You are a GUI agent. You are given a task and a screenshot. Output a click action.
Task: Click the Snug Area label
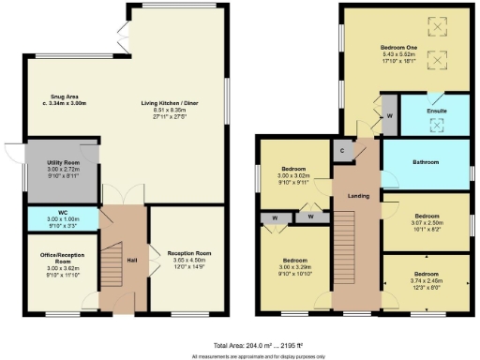pos(64,96)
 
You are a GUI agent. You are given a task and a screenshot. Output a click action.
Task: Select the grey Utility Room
pos(62,172)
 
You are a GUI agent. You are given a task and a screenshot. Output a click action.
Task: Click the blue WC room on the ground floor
pos(62,218)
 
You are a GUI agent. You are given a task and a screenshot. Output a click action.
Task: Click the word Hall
pos(132,260)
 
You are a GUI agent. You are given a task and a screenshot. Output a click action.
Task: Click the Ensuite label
pos(437,110)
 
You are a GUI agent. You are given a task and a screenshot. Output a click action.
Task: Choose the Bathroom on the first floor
pos(427,162)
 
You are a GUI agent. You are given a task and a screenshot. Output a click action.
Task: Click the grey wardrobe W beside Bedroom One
pos(390,117)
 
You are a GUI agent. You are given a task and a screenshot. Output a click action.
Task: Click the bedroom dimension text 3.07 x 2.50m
pos(427,221)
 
